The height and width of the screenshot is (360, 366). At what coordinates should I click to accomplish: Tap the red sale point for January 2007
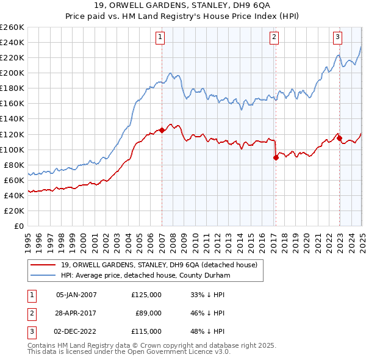tap(162, 130)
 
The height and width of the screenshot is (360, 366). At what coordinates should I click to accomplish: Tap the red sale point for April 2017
tap(276, 157)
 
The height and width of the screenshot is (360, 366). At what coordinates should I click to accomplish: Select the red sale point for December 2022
tap(339, 138)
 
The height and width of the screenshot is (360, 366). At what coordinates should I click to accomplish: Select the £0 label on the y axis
tap(19, 226)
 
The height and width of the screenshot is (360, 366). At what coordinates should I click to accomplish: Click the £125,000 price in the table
tap(146, 295)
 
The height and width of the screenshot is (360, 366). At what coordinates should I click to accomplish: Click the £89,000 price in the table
tap(148, 313)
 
